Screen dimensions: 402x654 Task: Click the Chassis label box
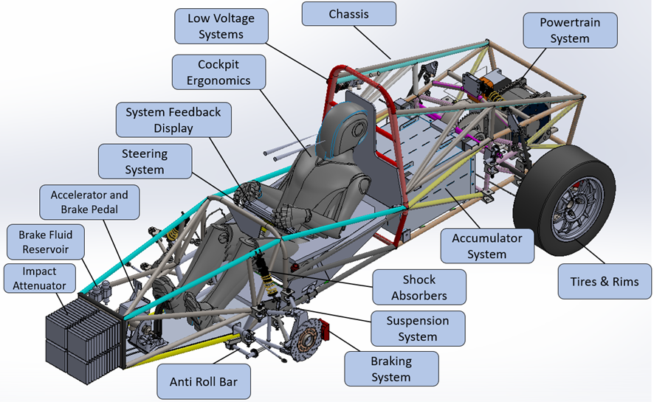348,14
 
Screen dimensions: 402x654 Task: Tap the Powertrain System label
570,30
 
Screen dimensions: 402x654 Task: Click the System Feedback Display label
173,119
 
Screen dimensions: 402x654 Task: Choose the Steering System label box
145,162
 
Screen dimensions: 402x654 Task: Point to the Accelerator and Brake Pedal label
89,202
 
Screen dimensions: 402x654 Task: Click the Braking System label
391,369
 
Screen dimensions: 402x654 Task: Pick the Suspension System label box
418,328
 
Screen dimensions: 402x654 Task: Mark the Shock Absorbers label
419,287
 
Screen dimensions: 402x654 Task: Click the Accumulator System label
486,246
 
